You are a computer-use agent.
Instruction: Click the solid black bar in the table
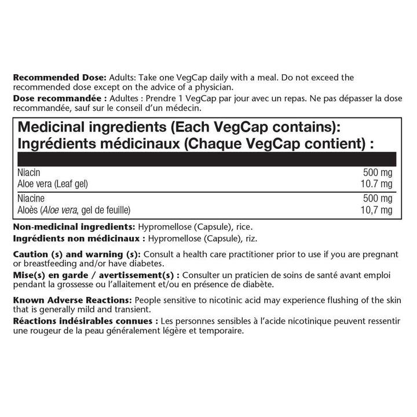pos(207,159)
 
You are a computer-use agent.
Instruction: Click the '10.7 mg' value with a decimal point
pos(379,184)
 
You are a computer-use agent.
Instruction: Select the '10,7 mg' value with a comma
pos(379,209)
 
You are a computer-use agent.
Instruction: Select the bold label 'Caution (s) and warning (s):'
pos(76,255)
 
